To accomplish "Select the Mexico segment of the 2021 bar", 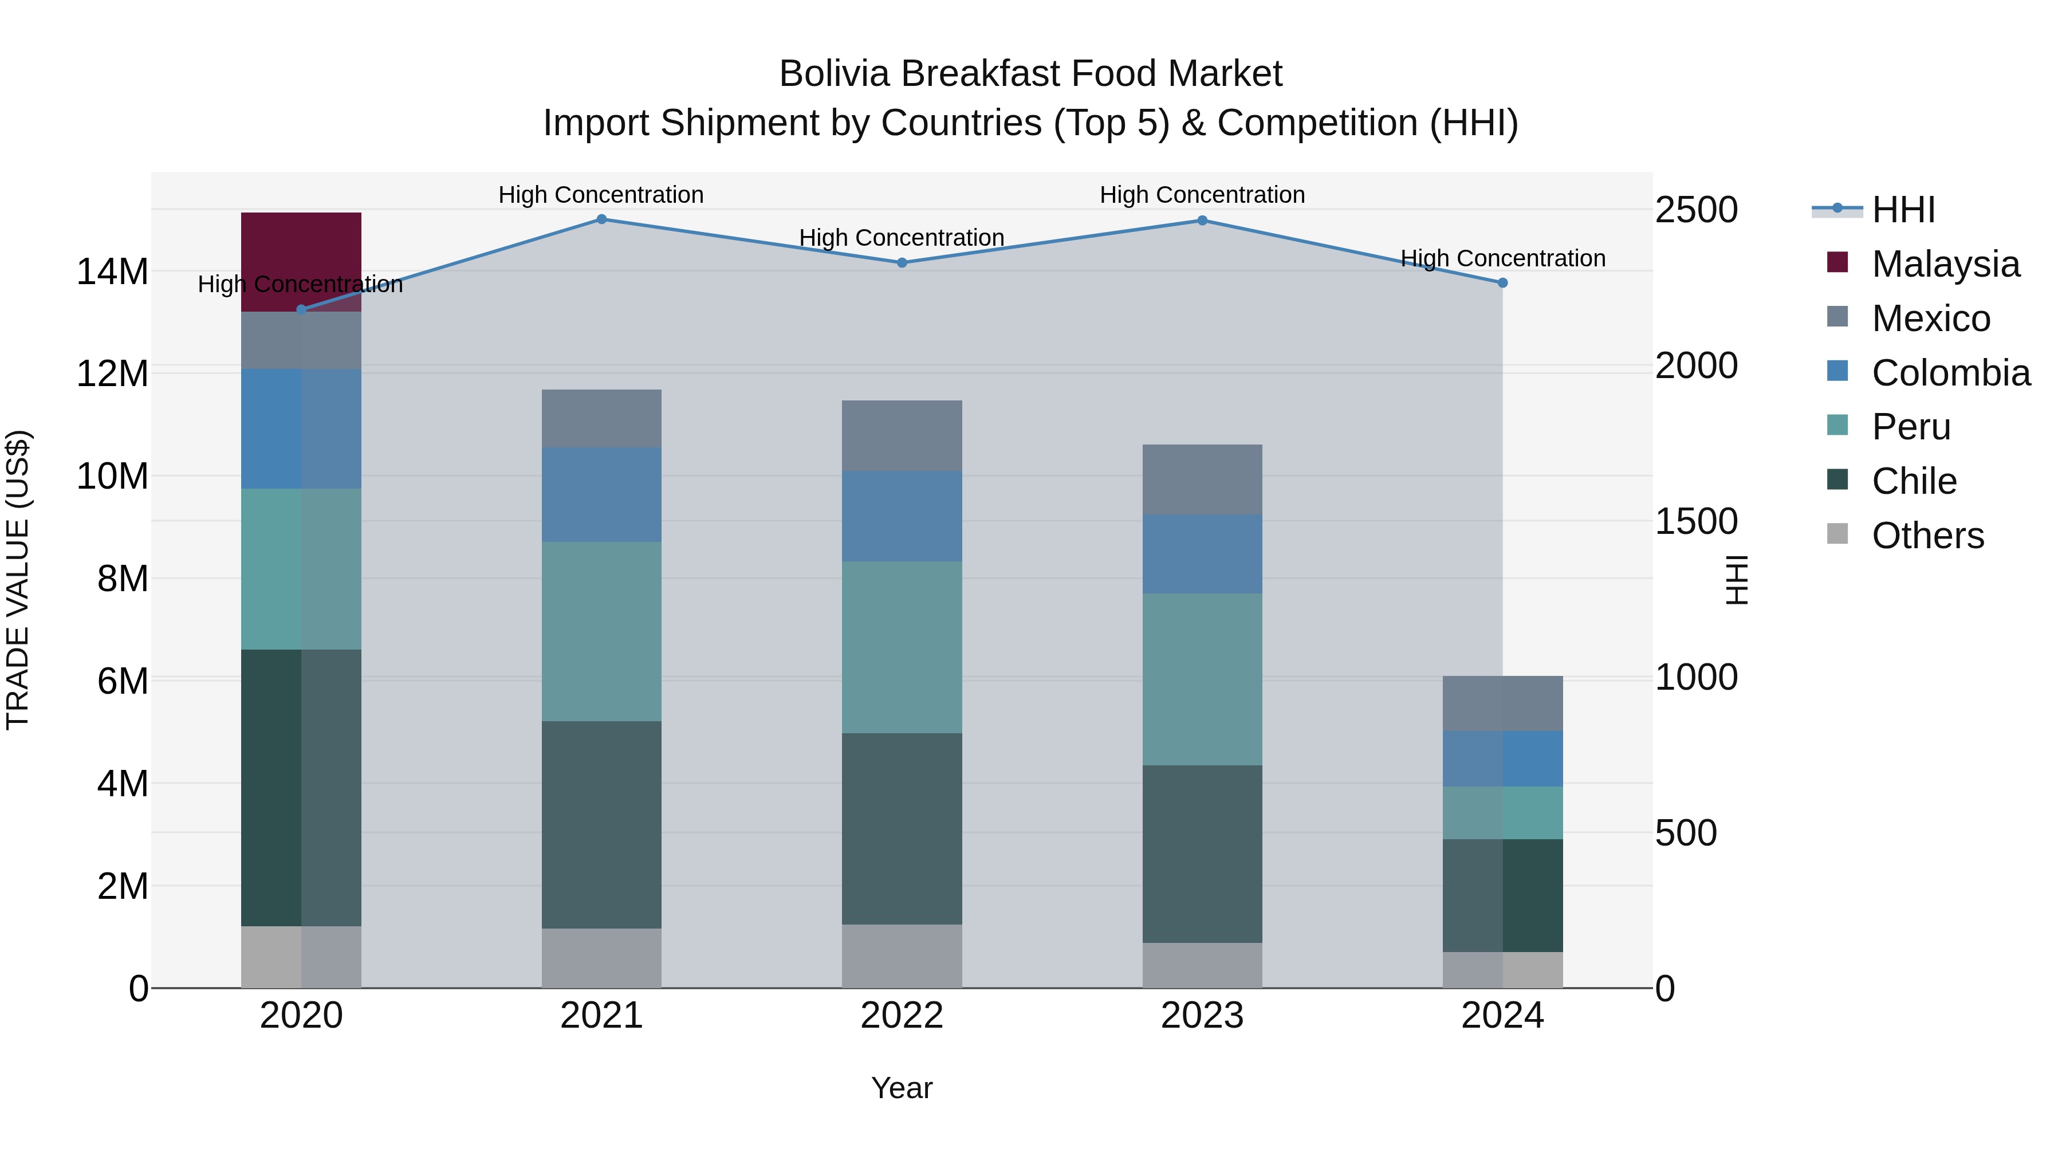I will [601, 418].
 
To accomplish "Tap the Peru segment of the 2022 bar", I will [902, 647].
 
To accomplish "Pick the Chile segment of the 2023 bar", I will [1202, 854].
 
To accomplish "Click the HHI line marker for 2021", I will [601, 219].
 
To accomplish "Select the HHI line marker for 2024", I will [1502, 282].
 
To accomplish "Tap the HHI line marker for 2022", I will [902, 262].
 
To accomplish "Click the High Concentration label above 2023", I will [1202, 195].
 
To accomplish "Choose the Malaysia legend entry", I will [1945, 264].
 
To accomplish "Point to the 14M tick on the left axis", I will [112, 272].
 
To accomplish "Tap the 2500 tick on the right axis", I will [1695, 210].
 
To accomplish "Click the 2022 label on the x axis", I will [902, 1016].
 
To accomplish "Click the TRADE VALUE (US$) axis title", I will [18, 580].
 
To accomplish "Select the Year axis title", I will [902, 1088].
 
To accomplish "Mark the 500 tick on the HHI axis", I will [1685, 832].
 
